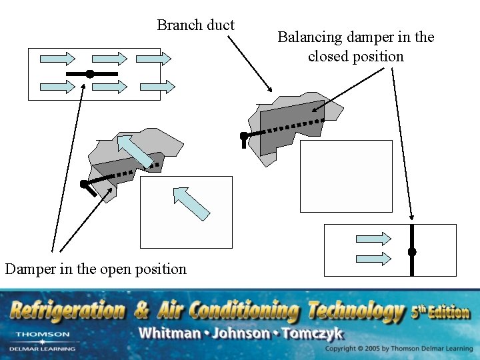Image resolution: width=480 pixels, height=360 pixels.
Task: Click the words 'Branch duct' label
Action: (195, 25)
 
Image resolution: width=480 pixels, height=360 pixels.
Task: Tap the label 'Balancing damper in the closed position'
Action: (355, 47)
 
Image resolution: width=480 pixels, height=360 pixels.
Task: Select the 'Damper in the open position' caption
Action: (95, 269)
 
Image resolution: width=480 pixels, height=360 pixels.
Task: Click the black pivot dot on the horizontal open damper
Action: (89, 73)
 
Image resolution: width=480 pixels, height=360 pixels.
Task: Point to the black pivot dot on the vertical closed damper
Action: (412, 252)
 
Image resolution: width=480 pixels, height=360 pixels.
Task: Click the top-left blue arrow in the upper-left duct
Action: (58, 58)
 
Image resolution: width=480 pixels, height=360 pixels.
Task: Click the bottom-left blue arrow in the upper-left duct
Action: (58, 86)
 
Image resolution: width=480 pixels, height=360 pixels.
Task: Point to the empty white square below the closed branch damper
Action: (346, 176)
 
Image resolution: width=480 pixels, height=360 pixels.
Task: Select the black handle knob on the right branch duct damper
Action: (244, 136)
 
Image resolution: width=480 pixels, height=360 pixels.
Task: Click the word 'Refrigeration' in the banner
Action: (68, 310)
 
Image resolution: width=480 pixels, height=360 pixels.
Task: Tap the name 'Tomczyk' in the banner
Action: (313, 333)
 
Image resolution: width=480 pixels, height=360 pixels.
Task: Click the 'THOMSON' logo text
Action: (42, 334)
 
